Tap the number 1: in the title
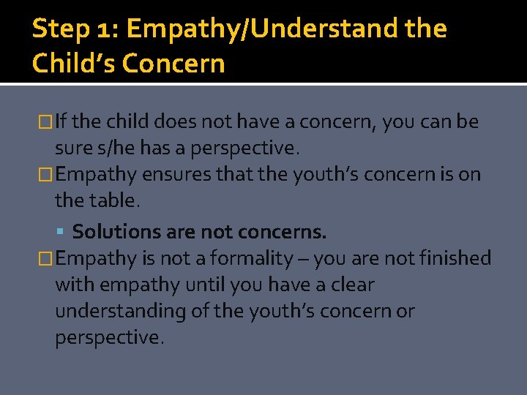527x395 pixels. (x=105, y=30)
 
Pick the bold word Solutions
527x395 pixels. (x=117, y=232)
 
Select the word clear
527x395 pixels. (x=348, y=285)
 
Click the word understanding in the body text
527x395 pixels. (x=121, y=311)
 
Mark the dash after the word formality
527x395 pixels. (x=300, y=259)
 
